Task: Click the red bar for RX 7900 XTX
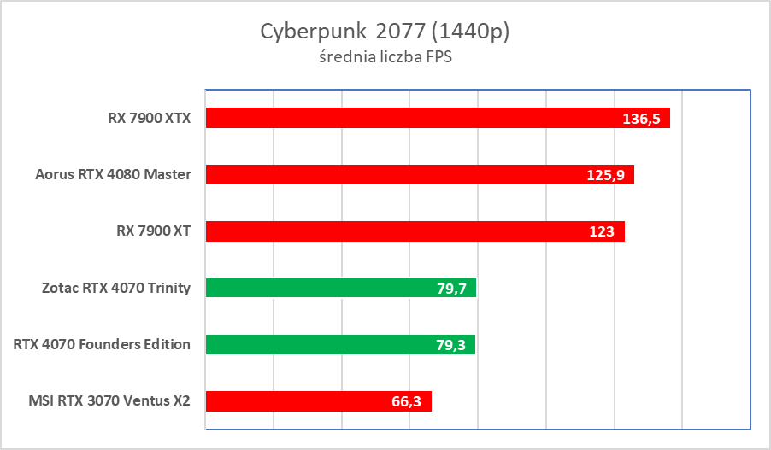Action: [x=410, y=118]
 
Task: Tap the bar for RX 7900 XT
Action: [x=393, y=231]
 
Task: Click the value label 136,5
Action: [x=641, y=119]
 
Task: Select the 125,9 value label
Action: [x=605, y=175]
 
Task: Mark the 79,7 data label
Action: [x=451, y=289]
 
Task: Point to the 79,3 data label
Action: [x=450, y=345]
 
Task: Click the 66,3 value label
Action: [x=407, y=401]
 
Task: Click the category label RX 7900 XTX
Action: [x=144, y=119]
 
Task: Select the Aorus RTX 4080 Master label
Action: [x=113, y=175]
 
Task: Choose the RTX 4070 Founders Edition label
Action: [x=102, y=344]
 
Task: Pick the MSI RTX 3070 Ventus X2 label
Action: [x=108, y=401]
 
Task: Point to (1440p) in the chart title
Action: [x=473, y=32]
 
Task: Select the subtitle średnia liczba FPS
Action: [x=385, y=59]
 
